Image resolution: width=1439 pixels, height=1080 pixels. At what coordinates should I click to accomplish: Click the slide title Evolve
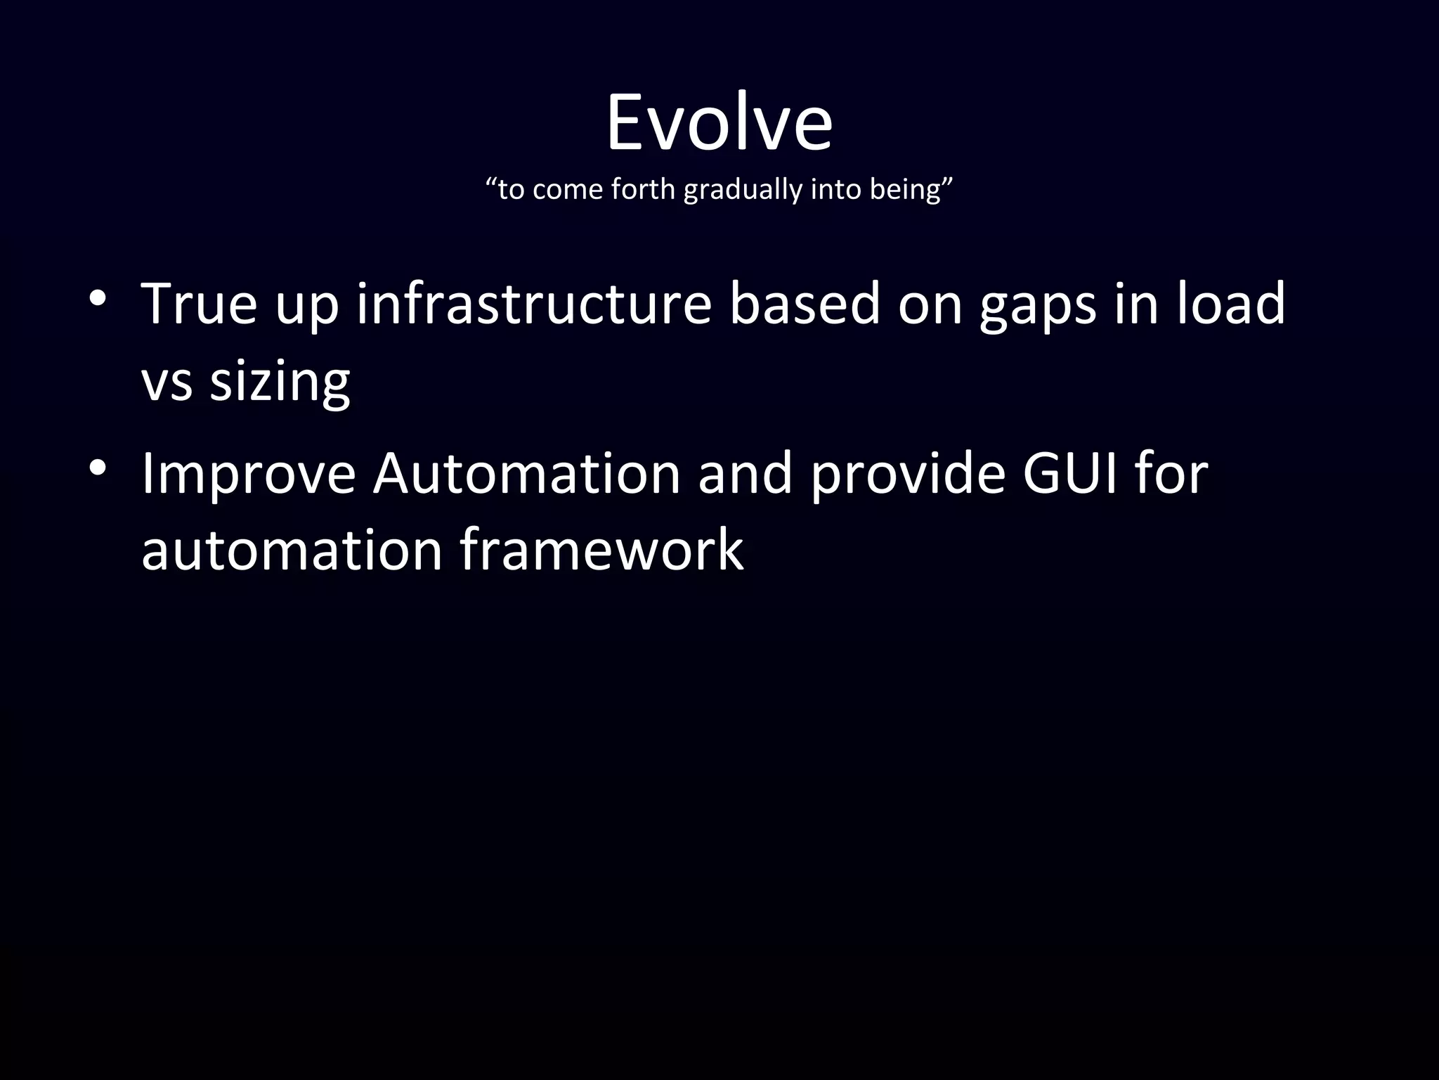click(719, 123)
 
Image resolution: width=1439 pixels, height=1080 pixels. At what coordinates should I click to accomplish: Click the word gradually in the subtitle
click(742, 190)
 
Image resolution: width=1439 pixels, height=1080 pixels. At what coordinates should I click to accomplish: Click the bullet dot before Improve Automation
click(98, 468)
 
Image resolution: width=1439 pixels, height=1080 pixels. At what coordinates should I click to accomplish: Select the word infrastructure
click(534, 304)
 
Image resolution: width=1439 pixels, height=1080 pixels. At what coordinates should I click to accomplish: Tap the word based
click(805, 304)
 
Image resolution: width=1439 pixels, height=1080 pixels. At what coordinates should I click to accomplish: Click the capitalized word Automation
click(526, 472)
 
